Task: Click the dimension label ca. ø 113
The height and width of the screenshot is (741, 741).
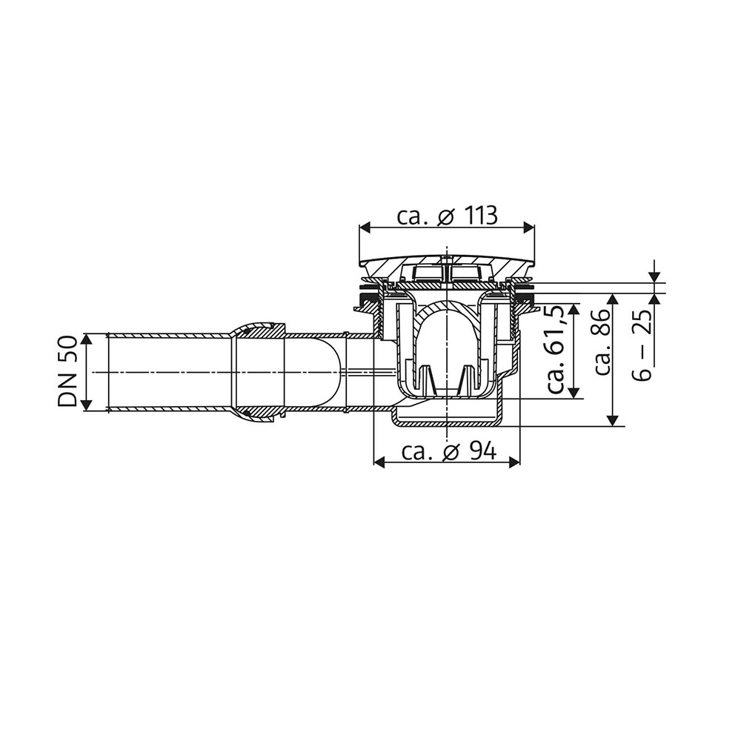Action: tap(447, 216)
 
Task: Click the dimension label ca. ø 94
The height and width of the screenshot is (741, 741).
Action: tap(448, 451)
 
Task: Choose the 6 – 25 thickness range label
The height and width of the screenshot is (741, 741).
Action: tap(645, 345)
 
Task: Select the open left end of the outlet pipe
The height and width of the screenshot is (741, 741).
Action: tap(109, 372)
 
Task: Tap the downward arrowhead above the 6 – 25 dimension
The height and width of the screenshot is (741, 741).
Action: tap(654, 276)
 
